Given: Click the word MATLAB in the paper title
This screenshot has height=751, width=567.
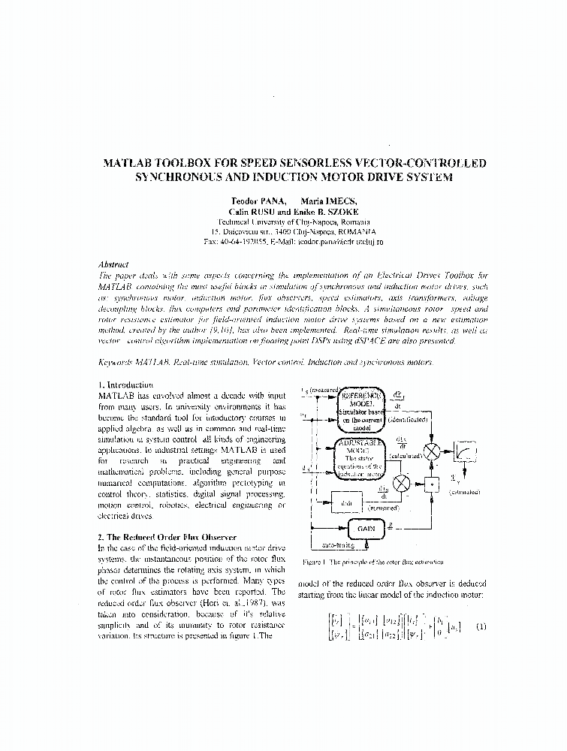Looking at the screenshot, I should (x=132, y=163).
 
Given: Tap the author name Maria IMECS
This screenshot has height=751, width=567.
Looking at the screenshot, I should (x=329, y=201).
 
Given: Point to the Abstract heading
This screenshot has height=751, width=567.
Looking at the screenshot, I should (x=113, y=264).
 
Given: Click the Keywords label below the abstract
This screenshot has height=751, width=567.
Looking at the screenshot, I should (x=118, y=362).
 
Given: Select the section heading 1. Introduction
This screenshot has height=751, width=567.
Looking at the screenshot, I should (x=125, y=385).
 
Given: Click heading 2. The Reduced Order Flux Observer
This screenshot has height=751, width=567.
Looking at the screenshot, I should (x=167, y=537).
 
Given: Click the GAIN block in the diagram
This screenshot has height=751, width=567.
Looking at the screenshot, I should (x=366, y=528).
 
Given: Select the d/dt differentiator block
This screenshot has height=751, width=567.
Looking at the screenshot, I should (x=346, y=501).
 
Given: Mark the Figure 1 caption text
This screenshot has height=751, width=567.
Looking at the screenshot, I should (x=372, y=561).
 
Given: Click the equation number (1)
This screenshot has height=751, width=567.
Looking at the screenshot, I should (x=481, y=627).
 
